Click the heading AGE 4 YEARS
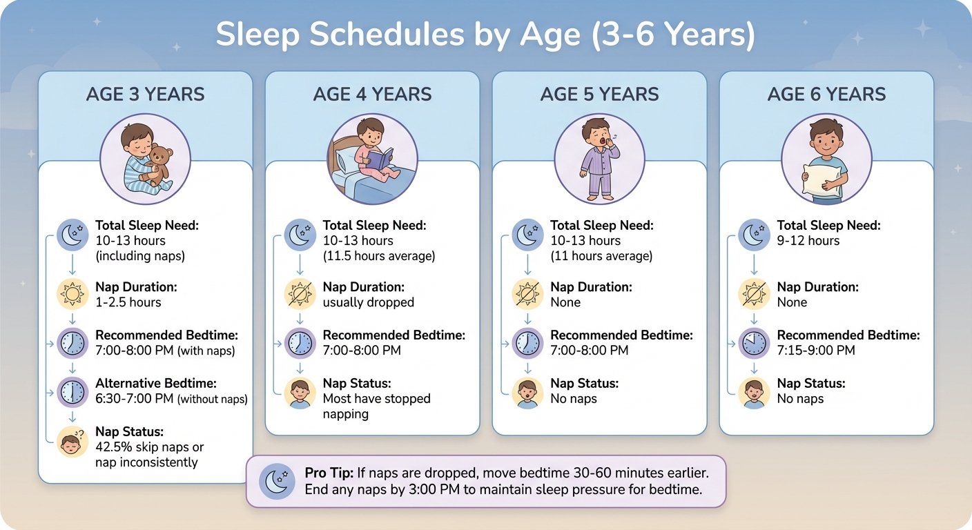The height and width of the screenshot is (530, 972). [x=372, y=95]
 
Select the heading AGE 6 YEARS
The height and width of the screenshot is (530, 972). [x=826, y=95]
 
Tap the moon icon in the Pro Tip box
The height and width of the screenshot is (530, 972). [x=278, y=481]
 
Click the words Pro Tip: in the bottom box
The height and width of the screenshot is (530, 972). [x=329, y=473]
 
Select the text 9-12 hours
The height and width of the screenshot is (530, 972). [x=808, y=241]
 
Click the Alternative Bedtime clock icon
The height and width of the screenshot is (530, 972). [x=72, y=392]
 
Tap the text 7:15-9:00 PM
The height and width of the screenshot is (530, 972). [x=816, y=351]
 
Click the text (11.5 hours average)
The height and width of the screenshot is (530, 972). [x=378, y=256]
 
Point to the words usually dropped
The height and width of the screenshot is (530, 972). [x=369, y=302]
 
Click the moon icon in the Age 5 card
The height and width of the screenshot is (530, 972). [x=527, y=233]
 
